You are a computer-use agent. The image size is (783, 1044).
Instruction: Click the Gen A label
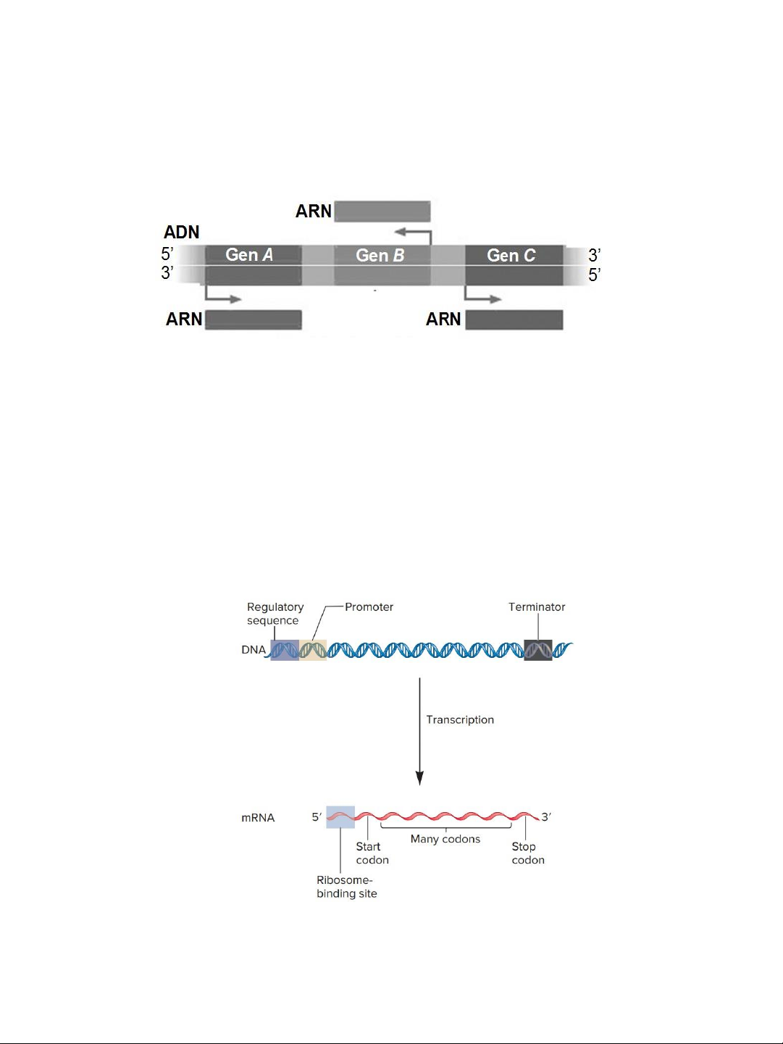pyautogui.click(x=249, y=255)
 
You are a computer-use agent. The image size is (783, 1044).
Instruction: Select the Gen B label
pyautogui.click(x=380, y=256)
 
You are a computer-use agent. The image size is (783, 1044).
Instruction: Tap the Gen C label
pyautogui.click(x=511, y=256)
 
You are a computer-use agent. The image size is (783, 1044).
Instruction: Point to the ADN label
pyautogui.click(x=182, y=232)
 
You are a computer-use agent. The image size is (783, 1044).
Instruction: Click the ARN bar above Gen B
pyautogui.click(x=382, y=211)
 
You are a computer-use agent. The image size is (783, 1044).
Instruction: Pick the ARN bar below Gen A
pyautogui.click(x=254, y=320)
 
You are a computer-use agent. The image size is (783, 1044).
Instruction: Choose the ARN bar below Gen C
pyautogui.click(x=514, y=320)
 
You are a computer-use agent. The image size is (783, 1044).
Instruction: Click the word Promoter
pyautogui.click(x=369, y=607)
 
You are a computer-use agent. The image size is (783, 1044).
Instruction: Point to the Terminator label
pyautogui.click(x=537, y=607)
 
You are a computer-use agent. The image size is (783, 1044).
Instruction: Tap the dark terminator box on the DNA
pyautogui.click(x=538, y=650)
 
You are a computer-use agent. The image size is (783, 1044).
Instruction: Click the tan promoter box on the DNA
pyautogui.click(x=313, y=650)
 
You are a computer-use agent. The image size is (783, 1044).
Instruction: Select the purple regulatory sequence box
pyautogui.click(x=285, y=650)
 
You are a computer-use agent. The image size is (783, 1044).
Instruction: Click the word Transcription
pyautogui.click(x=460, y=719)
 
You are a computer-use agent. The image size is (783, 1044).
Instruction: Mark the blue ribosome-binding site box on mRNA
pyautogui.click(x=340, y=817)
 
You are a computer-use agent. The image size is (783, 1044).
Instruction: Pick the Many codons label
pyautogui.click(x=445, y=839)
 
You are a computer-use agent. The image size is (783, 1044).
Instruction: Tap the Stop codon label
pyautogui.click(x=528, y=853)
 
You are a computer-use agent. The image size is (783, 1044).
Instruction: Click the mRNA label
pyautogui.click(x=258, y=818)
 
